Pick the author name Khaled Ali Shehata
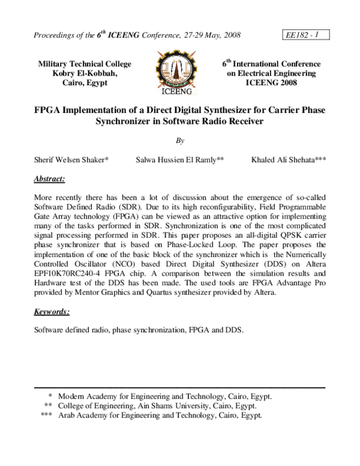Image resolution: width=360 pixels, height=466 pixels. pos(289,160)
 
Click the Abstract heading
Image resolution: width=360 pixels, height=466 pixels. pos(49,179)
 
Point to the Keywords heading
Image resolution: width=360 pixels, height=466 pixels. pos(52,312)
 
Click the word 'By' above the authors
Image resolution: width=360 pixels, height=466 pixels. pos(180,141)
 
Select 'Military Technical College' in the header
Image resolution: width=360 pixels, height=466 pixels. pos(84,64)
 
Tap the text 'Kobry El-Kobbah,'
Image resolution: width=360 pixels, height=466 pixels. pos(84,73)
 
